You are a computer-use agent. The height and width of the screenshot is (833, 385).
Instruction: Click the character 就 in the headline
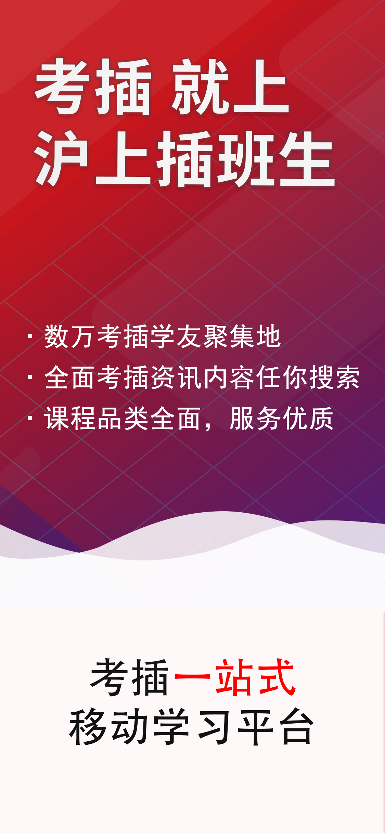[201, 87]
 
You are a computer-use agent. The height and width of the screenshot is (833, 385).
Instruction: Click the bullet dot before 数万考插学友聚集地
[30, 336]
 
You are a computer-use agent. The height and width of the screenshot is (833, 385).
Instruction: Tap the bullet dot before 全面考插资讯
[30, 377]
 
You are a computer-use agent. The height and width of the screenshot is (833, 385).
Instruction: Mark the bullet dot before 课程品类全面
[30, 418]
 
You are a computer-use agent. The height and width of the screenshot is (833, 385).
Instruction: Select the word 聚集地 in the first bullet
[242, 336]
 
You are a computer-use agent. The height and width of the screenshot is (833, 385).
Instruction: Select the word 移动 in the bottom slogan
[109, 726]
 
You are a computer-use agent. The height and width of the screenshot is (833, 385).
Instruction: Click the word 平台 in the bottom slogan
[276, 726]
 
